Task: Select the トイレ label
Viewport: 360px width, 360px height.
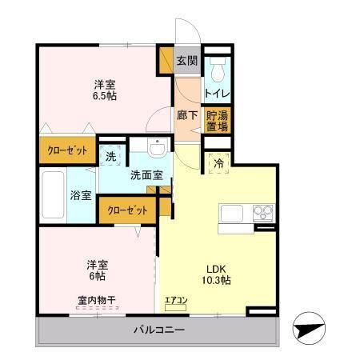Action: [x=216, y=93]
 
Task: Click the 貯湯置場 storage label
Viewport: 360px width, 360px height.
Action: [x=216, y=120]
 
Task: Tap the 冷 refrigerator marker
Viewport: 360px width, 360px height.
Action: [x=218, y=163]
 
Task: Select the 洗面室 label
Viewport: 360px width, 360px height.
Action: [x=146, y=175]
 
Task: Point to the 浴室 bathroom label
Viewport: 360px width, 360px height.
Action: [x=80, y=195]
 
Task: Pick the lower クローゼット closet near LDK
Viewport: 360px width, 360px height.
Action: [x=128, y=210]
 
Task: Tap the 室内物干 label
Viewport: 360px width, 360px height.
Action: [x=97, y=301]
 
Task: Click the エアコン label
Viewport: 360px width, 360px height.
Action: [x=176, y=302]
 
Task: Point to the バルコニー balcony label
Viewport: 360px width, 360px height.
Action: [x=158, y=330]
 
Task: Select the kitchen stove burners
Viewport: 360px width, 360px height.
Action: [x=263, y=213]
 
